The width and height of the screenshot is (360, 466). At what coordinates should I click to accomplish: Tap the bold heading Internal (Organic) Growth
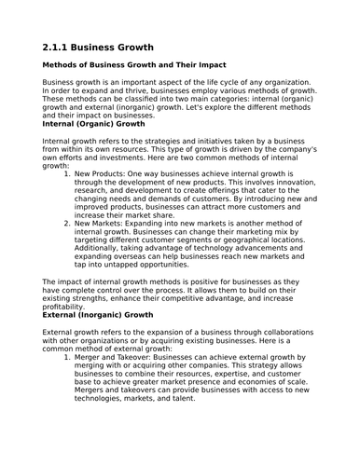tap(94, 123)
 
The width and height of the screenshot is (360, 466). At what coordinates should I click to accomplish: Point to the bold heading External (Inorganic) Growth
tap(98, 315)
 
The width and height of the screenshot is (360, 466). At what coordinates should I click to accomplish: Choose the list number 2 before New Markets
tap(66, 225)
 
